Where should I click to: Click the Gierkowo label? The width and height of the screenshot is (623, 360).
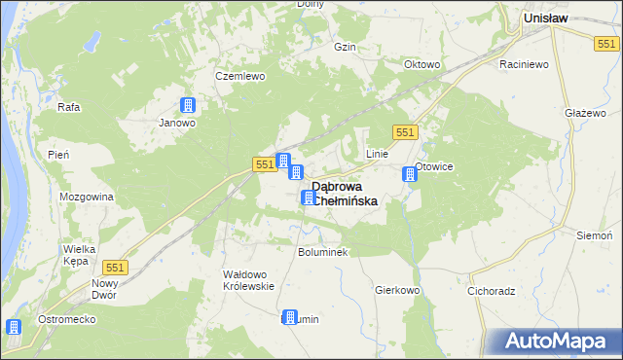coord(396,290)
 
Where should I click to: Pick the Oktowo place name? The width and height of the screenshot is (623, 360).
coord(422,65)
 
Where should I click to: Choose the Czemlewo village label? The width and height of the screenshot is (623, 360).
coord(239,76)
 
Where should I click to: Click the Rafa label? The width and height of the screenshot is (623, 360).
coord(68,107)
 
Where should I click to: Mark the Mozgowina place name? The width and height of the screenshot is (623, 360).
coord(87,197)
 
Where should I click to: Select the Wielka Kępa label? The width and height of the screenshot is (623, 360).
coord(79,255)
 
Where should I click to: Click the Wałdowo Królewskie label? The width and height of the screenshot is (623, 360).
coord(249,280)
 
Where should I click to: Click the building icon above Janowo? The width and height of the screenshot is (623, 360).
coord(188,106)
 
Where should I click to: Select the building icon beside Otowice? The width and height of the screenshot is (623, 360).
coord(410,174)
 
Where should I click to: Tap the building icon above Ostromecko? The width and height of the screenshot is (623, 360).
coord(14,328)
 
